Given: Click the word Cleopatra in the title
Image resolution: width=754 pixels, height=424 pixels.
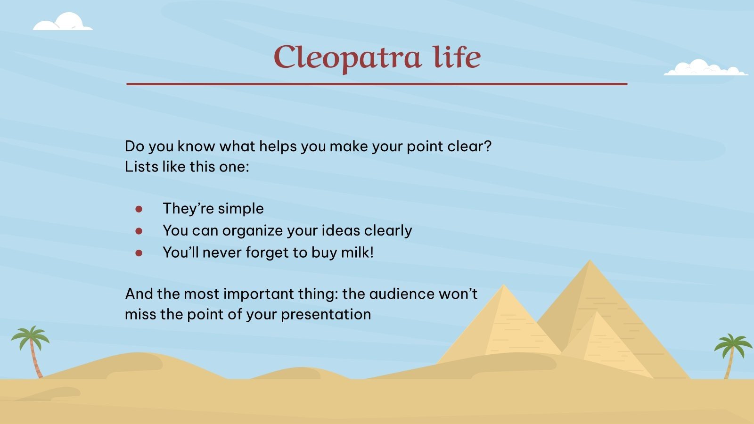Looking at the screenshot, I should click(x=347, y=57).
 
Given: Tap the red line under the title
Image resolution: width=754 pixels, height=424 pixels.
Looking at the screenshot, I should click(x=377, y=84).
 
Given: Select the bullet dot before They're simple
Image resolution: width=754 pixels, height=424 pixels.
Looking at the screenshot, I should click(x=139, y=209).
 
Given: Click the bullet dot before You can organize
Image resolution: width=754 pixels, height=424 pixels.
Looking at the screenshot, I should click(x=139, y=231).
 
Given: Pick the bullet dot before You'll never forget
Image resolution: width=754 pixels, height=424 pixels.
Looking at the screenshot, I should click(x=139, y=253).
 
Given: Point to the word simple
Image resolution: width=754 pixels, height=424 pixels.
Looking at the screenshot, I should click(x=241, y=209).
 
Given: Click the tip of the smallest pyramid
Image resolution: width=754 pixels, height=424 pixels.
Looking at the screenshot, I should click(x=597, y=313).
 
